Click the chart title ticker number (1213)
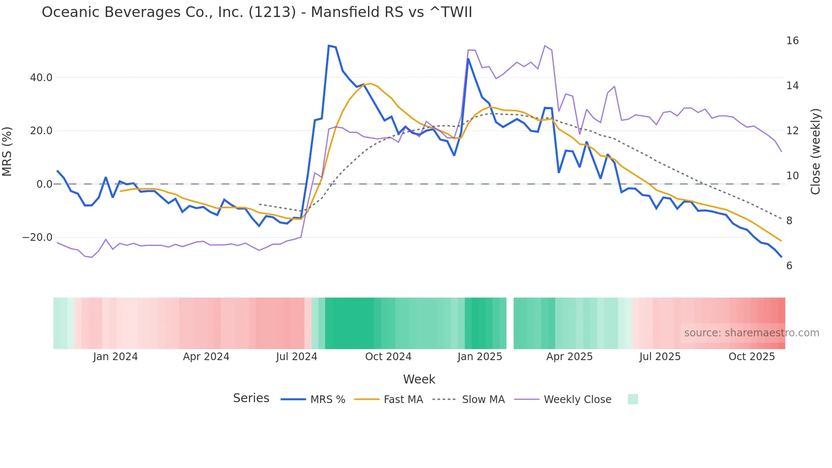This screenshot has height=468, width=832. (272, 12)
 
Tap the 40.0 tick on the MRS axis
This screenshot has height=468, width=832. (41, 78)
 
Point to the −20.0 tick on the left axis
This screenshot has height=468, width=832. (37, 237)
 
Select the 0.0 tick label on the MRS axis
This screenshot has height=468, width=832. (44, 184)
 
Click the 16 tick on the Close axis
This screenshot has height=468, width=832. (792, 41)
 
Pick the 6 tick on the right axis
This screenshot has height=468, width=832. (789, 266)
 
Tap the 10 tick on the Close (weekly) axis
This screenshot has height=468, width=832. (792, 176)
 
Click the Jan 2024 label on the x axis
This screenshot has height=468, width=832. (115, 357)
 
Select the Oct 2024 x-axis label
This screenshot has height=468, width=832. (388, 357)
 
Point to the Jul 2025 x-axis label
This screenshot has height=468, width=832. (660, 357)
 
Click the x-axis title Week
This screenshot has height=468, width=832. (419, 379)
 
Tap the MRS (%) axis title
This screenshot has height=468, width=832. (7, 152)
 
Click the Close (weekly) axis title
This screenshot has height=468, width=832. (815, 152)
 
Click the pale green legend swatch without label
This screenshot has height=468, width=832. (632, 400)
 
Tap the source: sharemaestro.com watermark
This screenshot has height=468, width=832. (751, 333)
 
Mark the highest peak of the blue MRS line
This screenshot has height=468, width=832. (329, 45)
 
